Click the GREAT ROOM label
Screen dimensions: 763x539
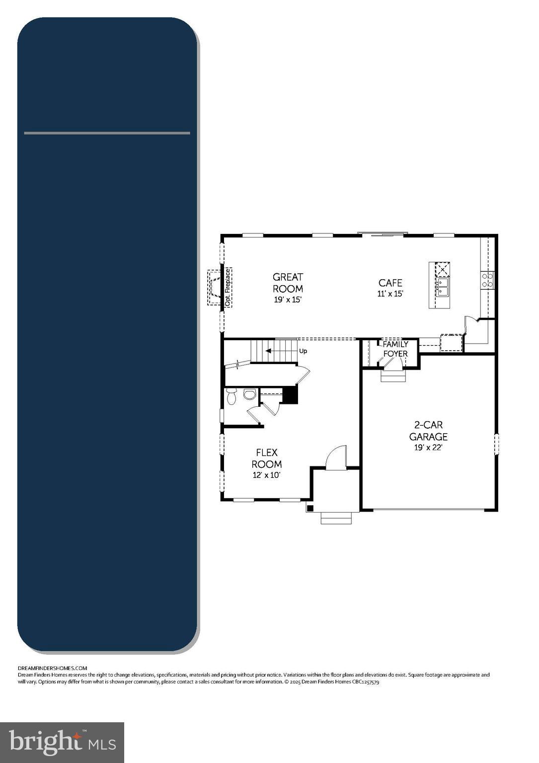288,283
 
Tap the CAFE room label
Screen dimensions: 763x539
390,283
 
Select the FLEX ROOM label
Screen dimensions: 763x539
267,458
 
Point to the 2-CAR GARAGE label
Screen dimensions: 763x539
428,431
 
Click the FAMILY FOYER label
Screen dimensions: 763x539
395,349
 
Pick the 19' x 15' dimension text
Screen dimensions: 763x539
288,300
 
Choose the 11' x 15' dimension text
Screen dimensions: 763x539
390,294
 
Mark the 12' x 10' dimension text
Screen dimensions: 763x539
267,475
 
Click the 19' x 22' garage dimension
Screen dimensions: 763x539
428,448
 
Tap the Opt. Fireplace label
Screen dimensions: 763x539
228,288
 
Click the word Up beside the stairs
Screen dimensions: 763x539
303,351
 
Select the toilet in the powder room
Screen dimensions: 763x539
231,396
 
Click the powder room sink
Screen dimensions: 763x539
249,394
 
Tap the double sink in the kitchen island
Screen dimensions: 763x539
442,287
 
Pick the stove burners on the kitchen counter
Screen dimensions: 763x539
487,280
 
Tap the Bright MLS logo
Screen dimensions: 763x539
62,742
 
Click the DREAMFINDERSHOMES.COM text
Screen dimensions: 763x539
52,668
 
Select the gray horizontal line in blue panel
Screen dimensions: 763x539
107,133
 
